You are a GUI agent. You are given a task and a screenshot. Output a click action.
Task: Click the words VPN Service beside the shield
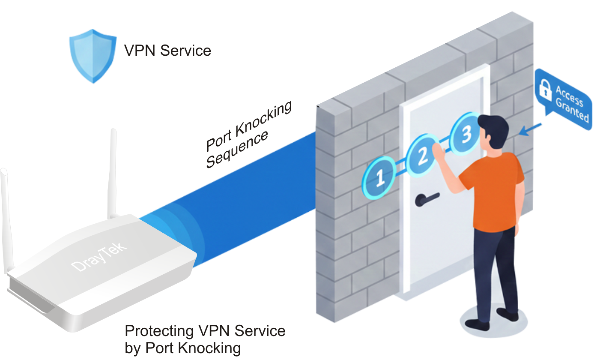click(167, 51)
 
